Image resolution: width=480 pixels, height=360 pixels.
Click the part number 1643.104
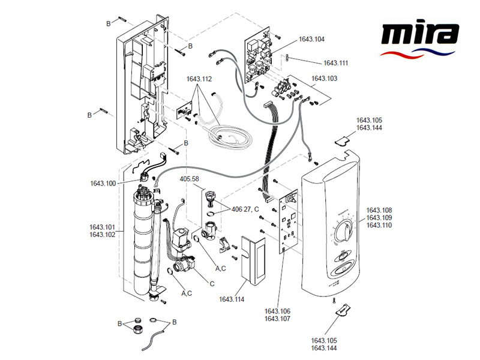pyautogui.click(x=311, y=39)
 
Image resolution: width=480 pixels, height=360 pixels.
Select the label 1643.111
pyautogui.click(x=335, y=62)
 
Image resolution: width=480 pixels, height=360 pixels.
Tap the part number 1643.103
pyautogui.click(x=324, y=79)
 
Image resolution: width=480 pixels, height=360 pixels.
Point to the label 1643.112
pyautogui.click(x=199, y=79)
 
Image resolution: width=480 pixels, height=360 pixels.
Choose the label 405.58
pyautogui.click(x=190, y=179)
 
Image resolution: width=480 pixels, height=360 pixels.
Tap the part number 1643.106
pyautogui.click(x=277, y=311)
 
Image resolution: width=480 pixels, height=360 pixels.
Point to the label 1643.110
pyautogui.click(x=379, y=225)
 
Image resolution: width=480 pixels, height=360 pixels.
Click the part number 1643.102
pyautogui.click(x=102, y=235)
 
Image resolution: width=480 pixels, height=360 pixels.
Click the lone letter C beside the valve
pyautogui.click(x=212, y=283)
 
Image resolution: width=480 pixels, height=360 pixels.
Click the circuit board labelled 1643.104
pyautogui.click(x=260, y=60)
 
